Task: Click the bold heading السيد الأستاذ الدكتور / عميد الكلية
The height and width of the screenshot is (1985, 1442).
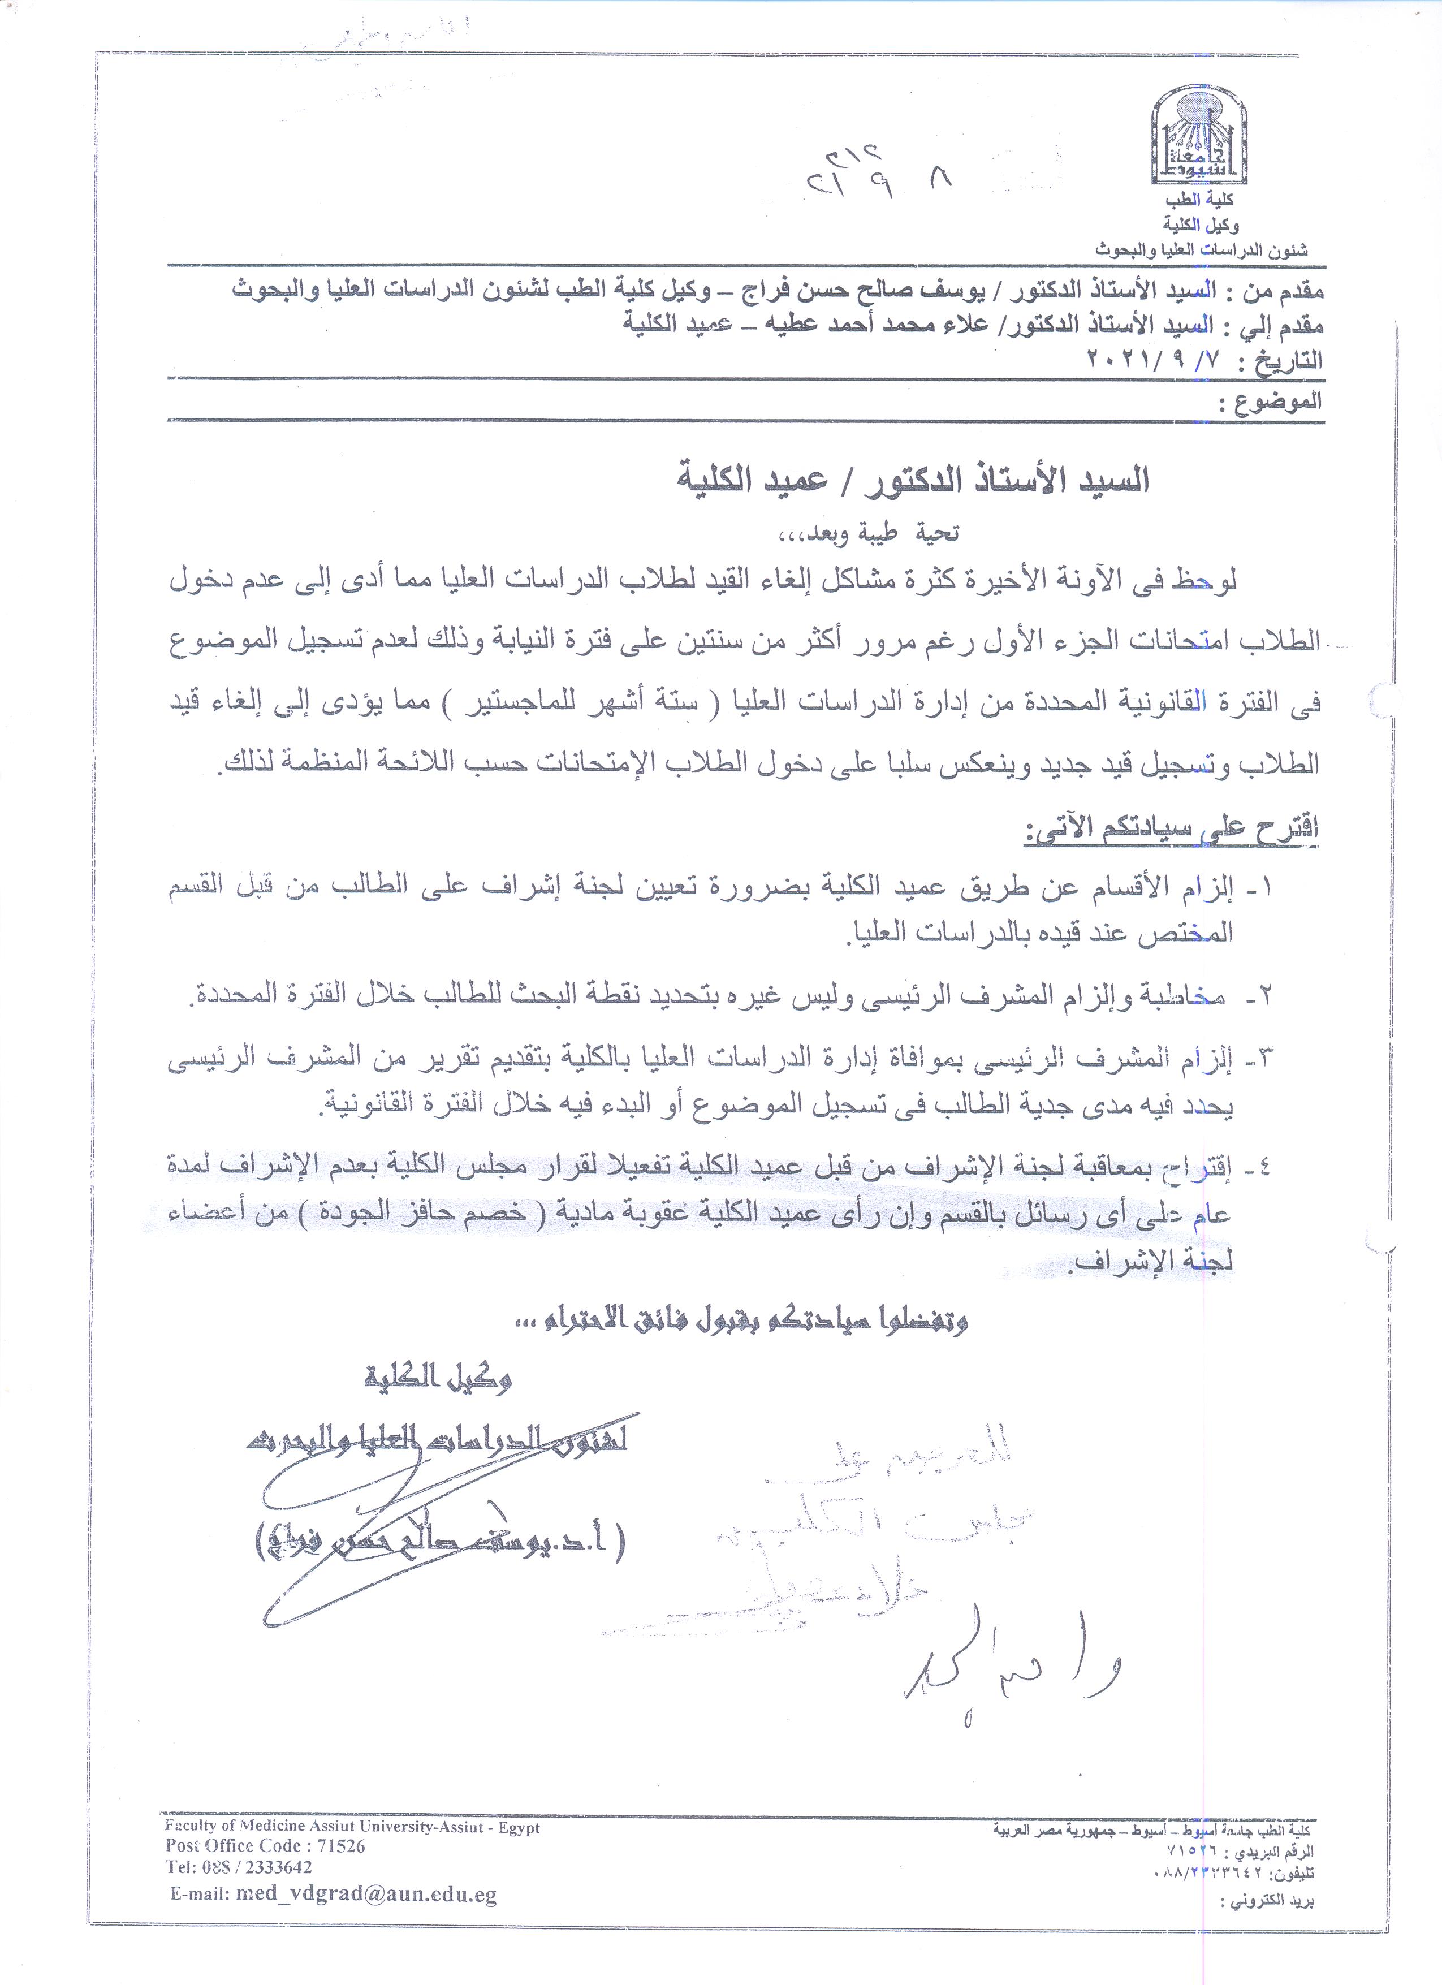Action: (x=914, y=480)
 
